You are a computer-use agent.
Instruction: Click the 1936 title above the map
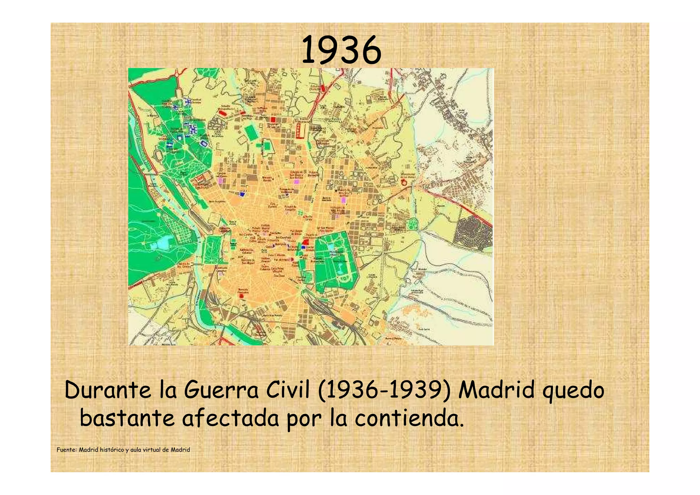[341, 51]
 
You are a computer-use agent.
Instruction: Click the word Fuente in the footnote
[67, 450]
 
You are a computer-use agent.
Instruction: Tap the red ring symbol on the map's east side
[404, 182]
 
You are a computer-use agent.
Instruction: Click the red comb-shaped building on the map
[300, 131]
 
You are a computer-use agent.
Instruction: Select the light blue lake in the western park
[161, 243]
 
